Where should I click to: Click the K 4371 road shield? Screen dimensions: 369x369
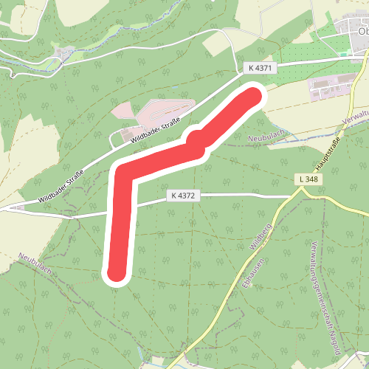click(x=261, y=68)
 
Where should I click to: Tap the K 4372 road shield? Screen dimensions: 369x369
click(x=183, y=196)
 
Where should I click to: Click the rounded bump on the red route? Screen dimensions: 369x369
click(x=196, y=139)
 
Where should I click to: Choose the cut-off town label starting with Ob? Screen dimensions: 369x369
click(x=362, y=32)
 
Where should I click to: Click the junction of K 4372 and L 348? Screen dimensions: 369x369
click(x=300, y=194)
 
